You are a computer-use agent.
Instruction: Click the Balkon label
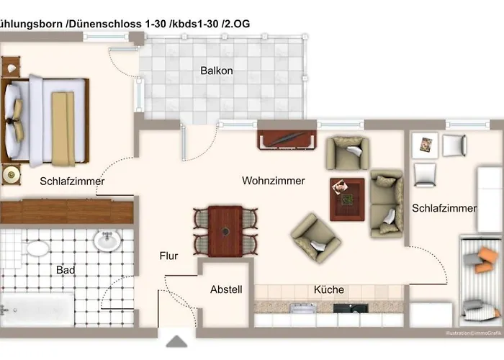coord(216,71)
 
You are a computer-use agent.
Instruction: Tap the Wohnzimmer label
coord(273,181)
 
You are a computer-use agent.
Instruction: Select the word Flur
coord(168,256)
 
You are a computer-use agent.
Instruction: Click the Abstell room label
coord(226,290)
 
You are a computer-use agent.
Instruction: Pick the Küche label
coord(328,290)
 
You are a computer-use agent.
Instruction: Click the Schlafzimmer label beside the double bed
coord(72,181)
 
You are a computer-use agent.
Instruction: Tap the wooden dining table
coord(225,230)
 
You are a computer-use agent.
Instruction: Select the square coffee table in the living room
coord(347,198)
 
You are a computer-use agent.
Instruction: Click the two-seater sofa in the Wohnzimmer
coord(386,203)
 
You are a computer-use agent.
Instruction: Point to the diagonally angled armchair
coord(315,238)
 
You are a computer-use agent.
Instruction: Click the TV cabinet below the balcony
coord(287,139)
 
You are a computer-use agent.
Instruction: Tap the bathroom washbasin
coord(107,240)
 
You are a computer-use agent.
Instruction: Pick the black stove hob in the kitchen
coord(350,308)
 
